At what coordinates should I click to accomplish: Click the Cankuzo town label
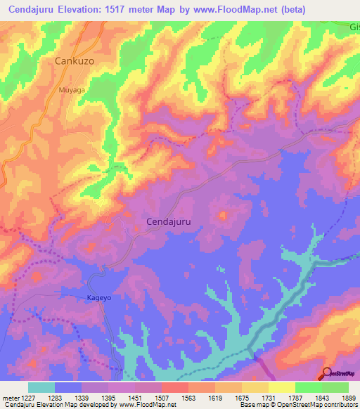point(75,61)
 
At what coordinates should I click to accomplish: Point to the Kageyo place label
point(100,298)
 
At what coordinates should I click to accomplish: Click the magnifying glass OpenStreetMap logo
point(328,372)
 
